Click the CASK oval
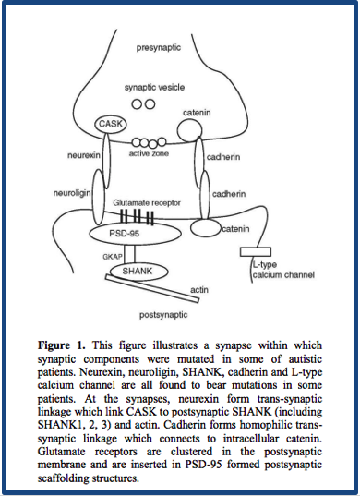tap(111, 122)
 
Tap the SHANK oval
tap(131, 271)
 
